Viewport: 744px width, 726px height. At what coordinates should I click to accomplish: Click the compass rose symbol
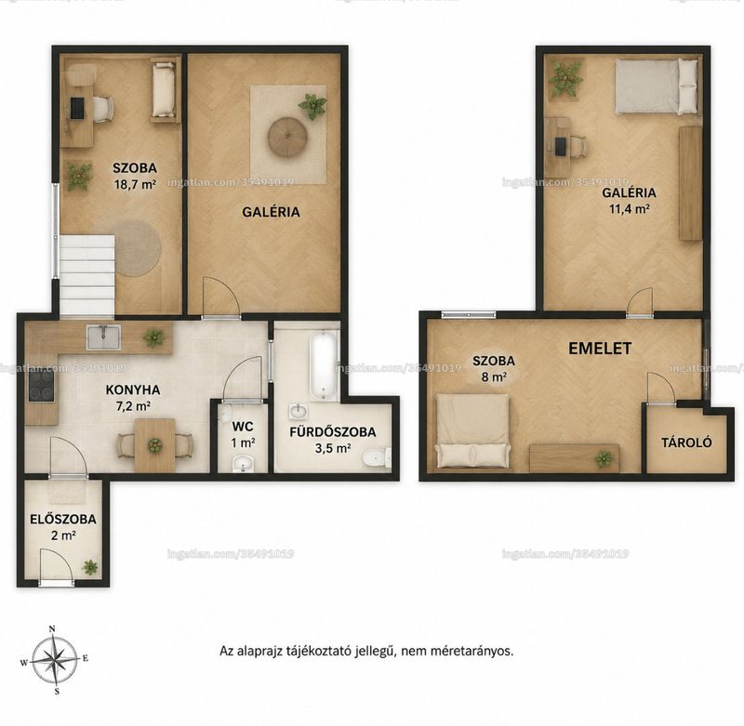tap(55, 660)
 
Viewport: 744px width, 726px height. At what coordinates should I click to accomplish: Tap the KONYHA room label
tap(132, 389)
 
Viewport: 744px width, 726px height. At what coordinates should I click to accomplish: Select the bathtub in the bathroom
tap(323, 365)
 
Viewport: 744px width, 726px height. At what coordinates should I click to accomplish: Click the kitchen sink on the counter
tap(103, 337)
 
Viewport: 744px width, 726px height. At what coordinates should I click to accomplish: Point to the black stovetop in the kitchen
tap(41, 385)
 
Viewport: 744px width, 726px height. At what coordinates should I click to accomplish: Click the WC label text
tap(243, 427)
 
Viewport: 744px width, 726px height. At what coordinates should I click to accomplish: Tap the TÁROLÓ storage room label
tap(686, 442)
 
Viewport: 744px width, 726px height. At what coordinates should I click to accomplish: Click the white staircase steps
tap(86, 274)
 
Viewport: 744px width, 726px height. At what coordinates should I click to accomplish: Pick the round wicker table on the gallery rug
tap(287, 137)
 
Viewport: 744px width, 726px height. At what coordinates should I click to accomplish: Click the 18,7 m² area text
tap(135, 184)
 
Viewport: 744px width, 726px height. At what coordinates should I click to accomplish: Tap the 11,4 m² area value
tap(630, 209)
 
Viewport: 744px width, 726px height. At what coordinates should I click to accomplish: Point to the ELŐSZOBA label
tap(63, 520)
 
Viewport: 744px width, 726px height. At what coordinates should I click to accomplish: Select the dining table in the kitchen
tap(154, 445)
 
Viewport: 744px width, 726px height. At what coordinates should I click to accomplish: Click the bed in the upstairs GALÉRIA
tap(658, 86)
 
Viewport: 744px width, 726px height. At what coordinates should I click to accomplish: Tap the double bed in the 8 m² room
tap(473, 430)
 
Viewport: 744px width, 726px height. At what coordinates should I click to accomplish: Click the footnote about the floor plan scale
tap(366, 651)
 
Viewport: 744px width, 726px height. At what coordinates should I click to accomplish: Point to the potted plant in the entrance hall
tap(90, 567)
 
